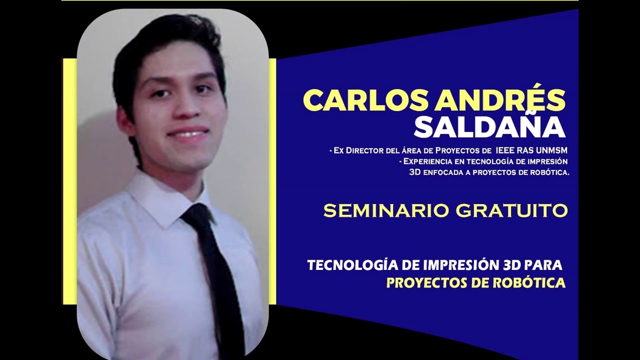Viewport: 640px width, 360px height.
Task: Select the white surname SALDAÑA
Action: pos(489,127)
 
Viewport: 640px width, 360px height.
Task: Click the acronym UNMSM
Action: pos(550,150)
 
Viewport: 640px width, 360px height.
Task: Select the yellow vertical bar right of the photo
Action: pos(272,180)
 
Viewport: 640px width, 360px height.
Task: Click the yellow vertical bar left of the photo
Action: pos(69,180)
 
